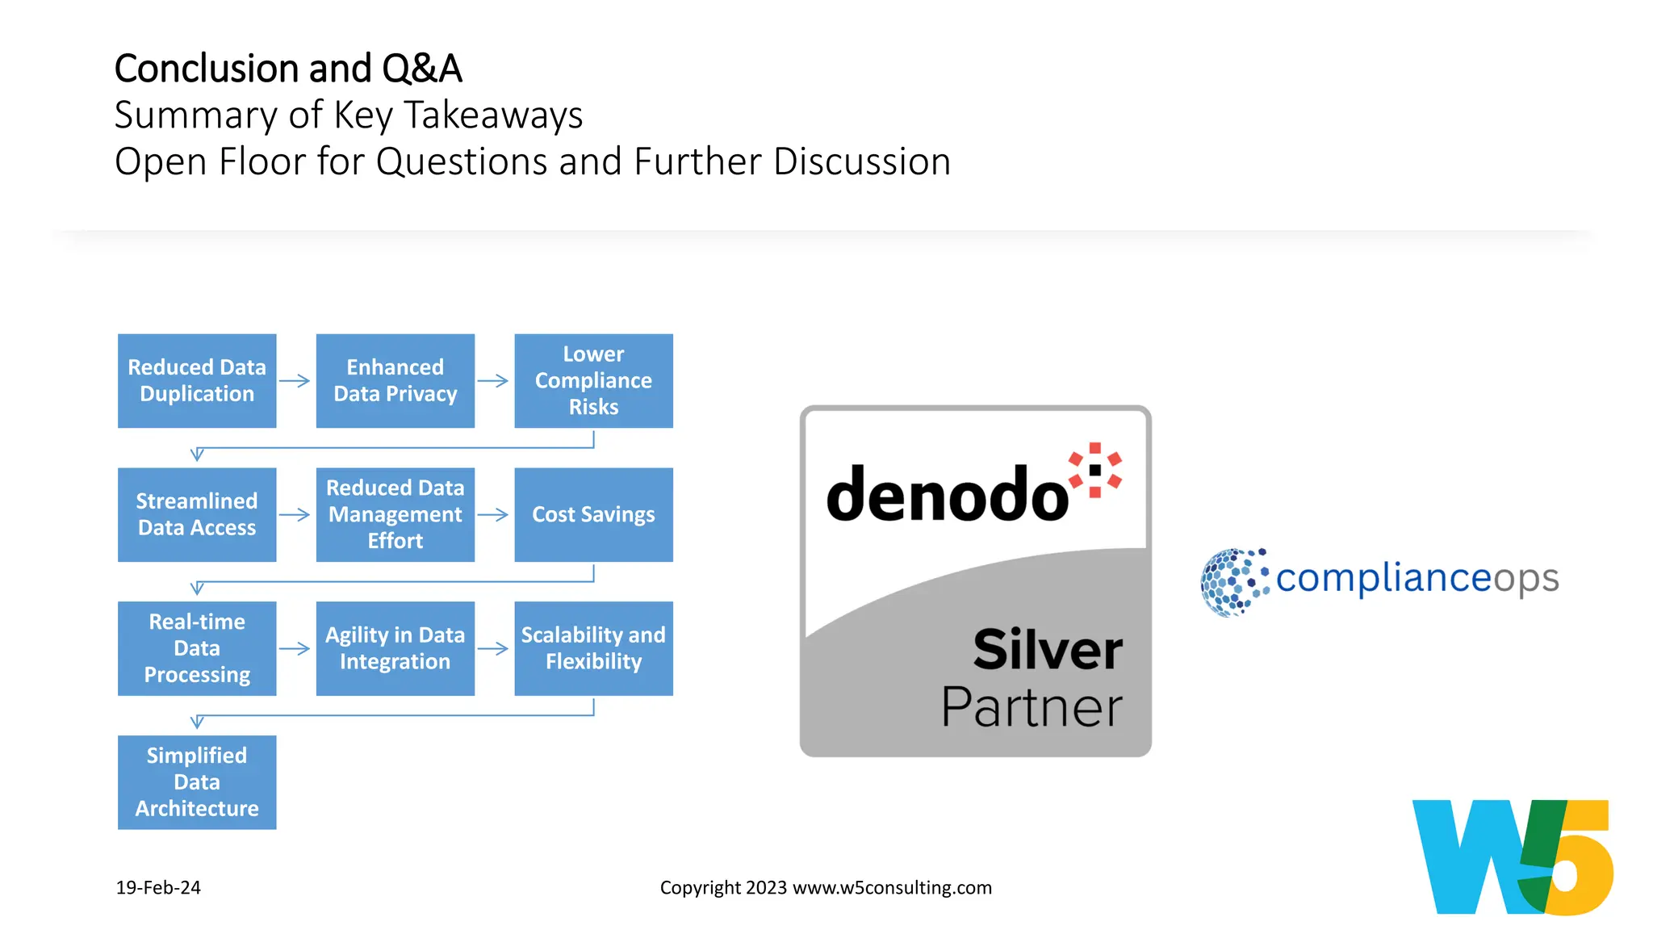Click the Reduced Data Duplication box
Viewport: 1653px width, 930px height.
point(197,380)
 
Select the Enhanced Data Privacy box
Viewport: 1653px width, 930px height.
point(395,380)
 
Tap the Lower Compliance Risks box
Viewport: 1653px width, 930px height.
point(593,380)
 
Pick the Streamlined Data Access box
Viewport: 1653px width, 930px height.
point(197,514)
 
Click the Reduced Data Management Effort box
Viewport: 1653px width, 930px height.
point(395,514)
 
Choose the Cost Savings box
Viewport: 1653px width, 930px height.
point(593,514)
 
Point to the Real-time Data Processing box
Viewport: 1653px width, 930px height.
point(197,648)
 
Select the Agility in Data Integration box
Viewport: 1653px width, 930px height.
point(395,648)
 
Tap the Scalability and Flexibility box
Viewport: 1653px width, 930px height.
point(593,648)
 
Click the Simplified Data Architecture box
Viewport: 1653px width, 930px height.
point(197,781)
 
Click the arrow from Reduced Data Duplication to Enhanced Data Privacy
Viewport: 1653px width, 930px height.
point(295,381)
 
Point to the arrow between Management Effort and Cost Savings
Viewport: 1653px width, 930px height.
point(493,514)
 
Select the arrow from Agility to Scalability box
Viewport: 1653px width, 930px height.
point(493,648)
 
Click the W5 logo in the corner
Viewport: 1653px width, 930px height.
point(1513,857)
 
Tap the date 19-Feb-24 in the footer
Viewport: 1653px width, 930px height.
point(158,887)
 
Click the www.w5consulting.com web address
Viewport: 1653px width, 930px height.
point(892,887)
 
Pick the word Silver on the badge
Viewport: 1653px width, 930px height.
point(1048,649)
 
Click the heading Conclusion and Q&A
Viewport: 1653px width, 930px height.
point(288,68)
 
